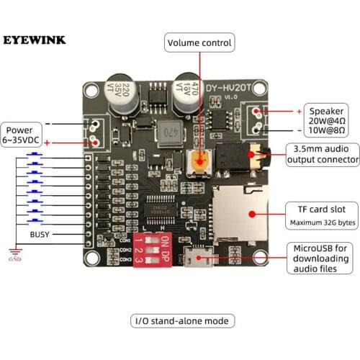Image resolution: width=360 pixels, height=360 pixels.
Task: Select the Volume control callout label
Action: pyautogui.click(x=199, y=43)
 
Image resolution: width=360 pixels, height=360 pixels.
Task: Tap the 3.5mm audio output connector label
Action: pyautogui.click(x=322, y=154)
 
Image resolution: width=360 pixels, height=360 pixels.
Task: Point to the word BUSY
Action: pyautogui.click(x=40, y=235)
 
